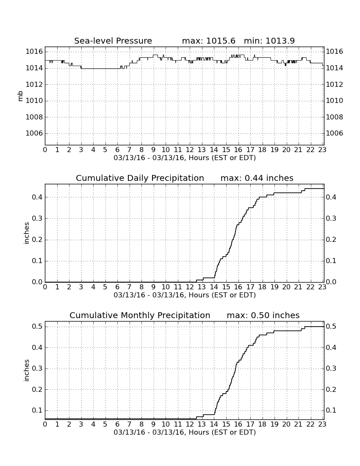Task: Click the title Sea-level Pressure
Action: [113, 41]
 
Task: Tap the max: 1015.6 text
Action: [208, 41]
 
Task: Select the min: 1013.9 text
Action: [269, 41]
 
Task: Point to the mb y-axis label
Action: [20, 96]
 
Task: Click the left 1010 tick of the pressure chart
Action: [34, 101]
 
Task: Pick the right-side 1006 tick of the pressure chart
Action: [335, 133]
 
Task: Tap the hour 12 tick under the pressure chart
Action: [190, 150]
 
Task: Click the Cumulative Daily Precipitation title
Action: [140, 178]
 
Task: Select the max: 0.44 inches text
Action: [257, 178]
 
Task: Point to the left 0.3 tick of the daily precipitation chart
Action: [37, 219]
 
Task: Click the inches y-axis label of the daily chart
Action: [27, 233]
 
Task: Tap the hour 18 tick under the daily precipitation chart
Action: [262, 287]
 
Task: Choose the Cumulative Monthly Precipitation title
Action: [140, 315]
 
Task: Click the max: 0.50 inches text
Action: [263, 315]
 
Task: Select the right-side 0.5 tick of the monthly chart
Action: [331, 327]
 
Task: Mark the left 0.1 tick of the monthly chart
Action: [37, 411]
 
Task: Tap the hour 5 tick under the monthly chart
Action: [105, 424]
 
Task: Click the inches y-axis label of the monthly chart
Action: [27, 371]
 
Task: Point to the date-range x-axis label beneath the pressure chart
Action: [185, 158]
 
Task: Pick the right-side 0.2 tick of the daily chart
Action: [331, 239]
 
